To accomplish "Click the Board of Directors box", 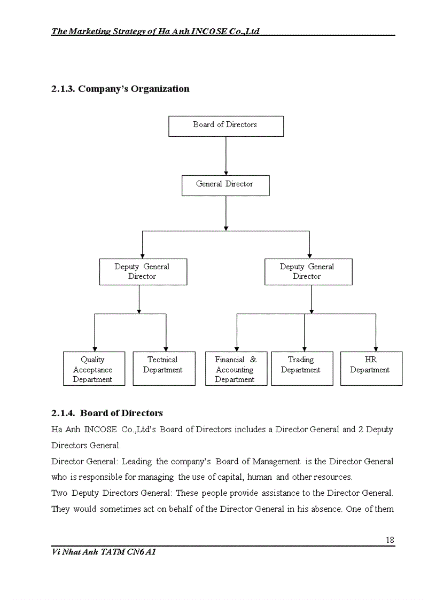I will click(x=225, y=126).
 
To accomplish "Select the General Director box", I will click(x=225, y=185).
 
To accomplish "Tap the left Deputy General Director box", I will click(x=143, y=271).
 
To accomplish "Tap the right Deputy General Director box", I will click(x=308, y=271).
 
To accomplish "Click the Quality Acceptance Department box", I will click(x=94, y=369).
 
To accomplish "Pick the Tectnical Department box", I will click(x=163, y=369).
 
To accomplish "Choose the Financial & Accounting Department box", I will click(x=236, y=369).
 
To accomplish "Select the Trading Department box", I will click(x=302, y=369).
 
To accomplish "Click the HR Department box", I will click(x=371, y=369).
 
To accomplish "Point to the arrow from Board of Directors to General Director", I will click(x=226, y=155).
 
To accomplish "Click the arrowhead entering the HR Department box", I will click(x=376, y=348).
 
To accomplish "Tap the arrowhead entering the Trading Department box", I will click(x=305, y=348).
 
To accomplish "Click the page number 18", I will click(x=390, y=540).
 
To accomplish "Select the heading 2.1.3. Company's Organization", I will click(x=120, y=89).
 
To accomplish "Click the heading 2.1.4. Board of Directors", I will click(x=107, y=413).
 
